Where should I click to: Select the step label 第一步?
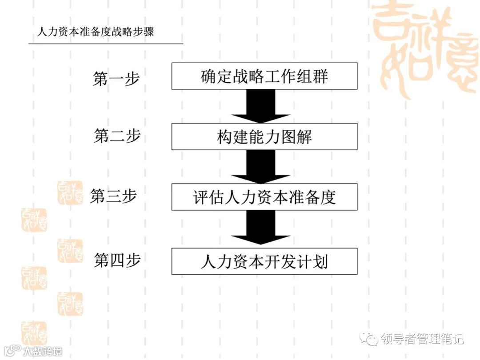click(116, 79)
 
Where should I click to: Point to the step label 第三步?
click(113, 196)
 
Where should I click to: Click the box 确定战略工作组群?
click(264, 76)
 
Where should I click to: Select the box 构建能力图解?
click(264, 136)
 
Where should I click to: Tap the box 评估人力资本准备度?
click(264, 197)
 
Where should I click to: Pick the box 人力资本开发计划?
click(264, 261)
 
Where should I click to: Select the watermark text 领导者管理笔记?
click(423, 339)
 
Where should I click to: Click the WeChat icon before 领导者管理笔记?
click(370, 339)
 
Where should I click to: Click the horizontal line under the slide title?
click(106, 44)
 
